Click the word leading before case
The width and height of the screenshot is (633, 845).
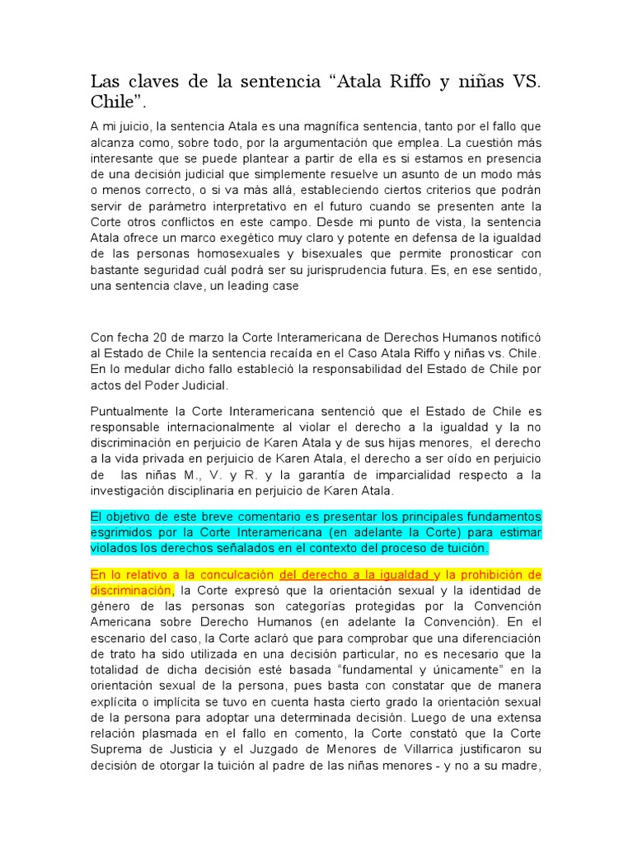pos(243,285)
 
